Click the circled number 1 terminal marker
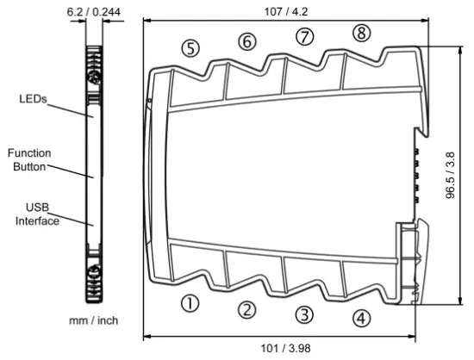click(x=190, y=302)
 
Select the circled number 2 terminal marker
click(x=247, y=310)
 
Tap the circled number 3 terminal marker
click(x=304, y=313)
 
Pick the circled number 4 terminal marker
click(x=362, y=318)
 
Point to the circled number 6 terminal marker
click(x=247, y=41)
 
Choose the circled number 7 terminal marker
click(x=303, y=36)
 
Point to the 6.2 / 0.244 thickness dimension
click(x=94, y=12)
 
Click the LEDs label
click(x=34, y=99)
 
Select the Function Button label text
click(x=30, y=159)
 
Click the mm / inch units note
click(x=94, y=320)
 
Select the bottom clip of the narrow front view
click(x=94, y=276)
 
